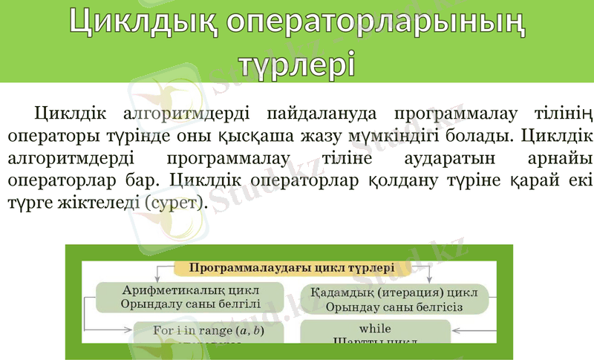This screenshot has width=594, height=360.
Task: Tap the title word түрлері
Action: tap(296, 62)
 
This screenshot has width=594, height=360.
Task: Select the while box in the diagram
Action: tap(375, 333)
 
